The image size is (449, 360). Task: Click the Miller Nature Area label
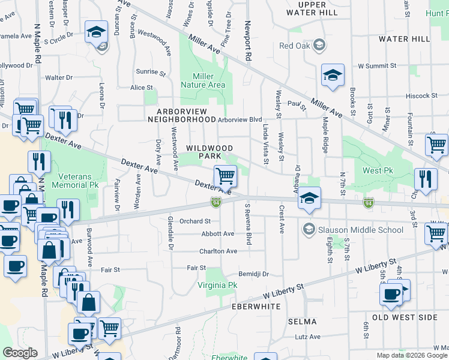(x=208, y=80)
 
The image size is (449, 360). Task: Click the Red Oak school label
(x=295, y=46)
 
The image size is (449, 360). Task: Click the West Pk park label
(x=376, y=170)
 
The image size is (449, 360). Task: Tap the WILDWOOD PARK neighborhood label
(x=209, y=152)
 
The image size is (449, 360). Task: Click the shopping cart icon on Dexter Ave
(x=225, y=176)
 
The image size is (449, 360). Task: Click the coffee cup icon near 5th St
(x=391, y=294)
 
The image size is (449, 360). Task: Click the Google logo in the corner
(x=20, y=353)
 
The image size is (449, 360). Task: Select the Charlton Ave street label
(x=218, y=251)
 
